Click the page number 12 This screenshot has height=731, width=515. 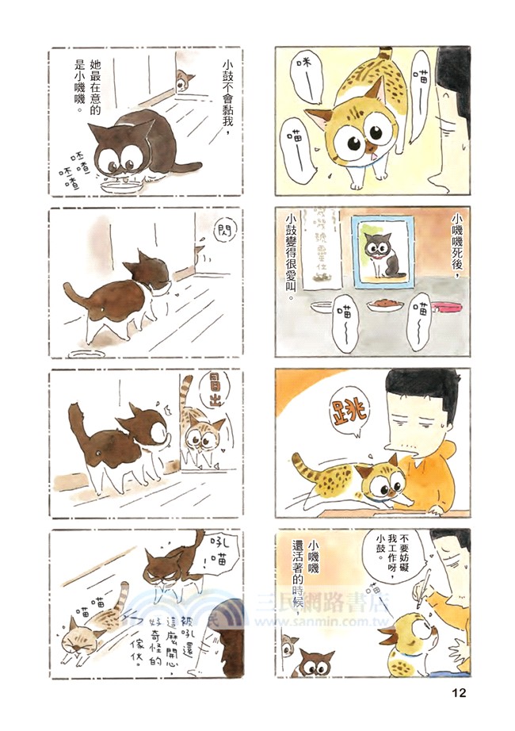(x=460, y=692)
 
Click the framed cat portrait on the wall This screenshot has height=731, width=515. (x=383, y=252)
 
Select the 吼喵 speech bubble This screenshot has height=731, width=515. (x=216, y=552)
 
